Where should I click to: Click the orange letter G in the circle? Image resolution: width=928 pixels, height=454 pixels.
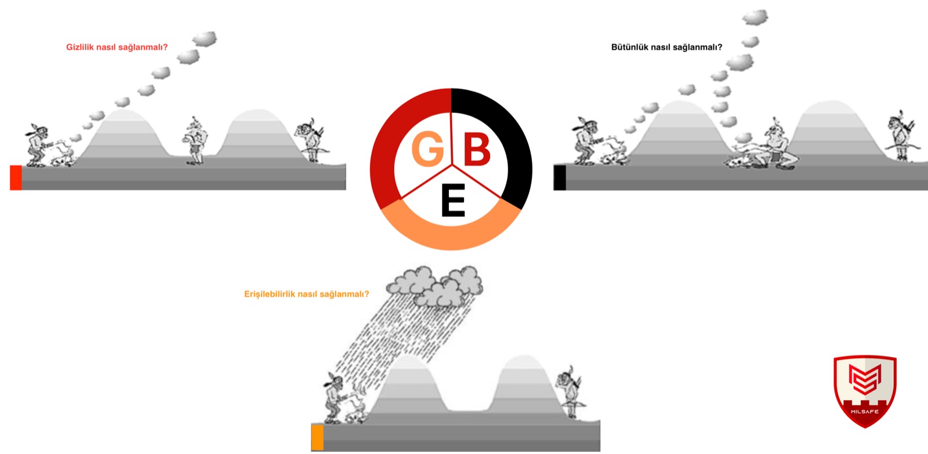(427, 149)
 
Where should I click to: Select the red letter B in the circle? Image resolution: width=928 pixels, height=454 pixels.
(477, 149)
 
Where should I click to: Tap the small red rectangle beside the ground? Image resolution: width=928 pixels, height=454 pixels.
(16, 177)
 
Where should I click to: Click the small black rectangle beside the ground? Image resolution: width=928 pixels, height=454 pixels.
(560, 177)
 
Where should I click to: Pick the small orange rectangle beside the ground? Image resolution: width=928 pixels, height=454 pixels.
(317, 437)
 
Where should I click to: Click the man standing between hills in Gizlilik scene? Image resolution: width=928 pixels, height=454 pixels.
(195, 141)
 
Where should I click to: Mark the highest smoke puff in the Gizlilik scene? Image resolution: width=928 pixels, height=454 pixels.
(205, 39)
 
